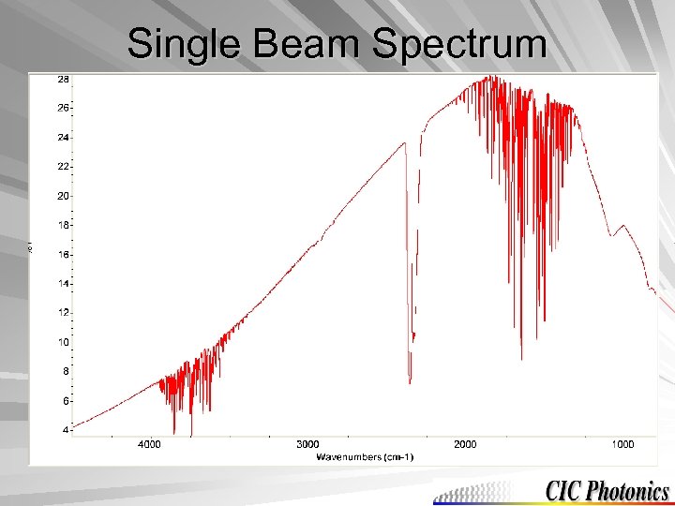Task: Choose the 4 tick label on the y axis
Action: tap(64, 429)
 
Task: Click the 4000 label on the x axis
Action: tap(149, 444)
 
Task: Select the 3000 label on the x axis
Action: tap(307, 444)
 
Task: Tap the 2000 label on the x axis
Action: tap(465, 444)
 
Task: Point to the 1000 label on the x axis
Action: tap(622, 444)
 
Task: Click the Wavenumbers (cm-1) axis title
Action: tap(365, 456)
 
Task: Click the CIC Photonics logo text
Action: tap(607, 490)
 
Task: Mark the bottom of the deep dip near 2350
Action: tap(410, 380)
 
